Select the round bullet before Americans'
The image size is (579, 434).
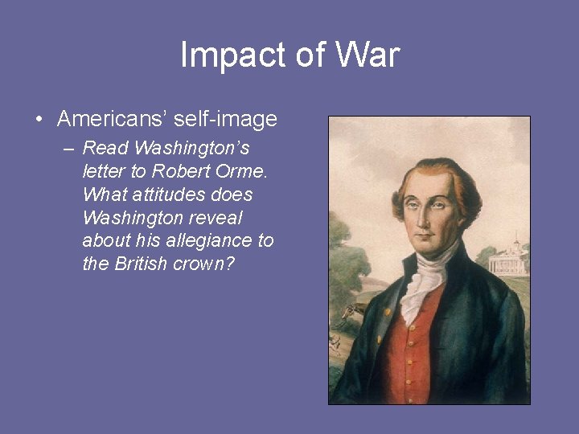pyautogui.click(x=39, y=121)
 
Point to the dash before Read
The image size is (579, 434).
pyautogui.click(x=68, y=149)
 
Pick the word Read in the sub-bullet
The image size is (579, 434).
pyautogui.click(x=105, y=148)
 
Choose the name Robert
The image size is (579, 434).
pyautogui.click(x=177, y=171)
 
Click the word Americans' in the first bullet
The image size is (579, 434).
pyautogui.click(x=111, y=120)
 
